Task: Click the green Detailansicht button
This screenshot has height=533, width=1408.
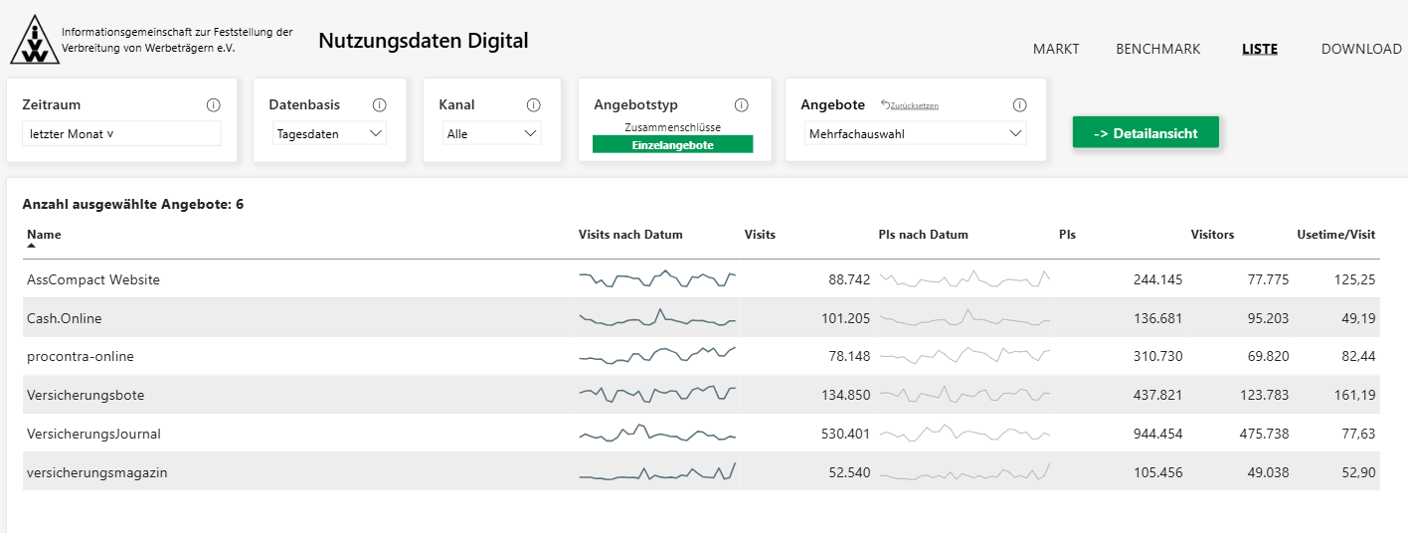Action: point(1145,132)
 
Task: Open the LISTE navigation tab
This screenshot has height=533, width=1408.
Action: point(1260,49)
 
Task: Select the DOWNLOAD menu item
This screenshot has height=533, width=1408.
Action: point(1361,49)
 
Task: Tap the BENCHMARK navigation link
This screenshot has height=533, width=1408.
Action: point(1157,49)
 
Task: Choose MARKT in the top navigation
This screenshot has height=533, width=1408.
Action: point(1056,49)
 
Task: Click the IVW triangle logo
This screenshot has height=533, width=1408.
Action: point(35,40)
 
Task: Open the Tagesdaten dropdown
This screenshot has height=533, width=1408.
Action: point(329,134)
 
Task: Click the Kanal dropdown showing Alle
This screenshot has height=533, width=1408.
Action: point(491,134)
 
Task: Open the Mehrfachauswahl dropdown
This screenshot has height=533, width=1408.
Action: point(915,134)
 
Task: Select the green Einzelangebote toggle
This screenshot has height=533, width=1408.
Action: point(672,144)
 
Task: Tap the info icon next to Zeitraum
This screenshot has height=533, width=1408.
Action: point(214,105)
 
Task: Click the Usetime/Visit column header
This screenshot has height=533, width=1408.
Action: point(1335,235)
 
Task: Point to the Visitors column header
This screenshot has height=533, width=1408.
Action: point(1212,235)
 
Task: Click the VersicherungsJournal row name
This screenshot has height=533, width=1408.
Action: point(93,434)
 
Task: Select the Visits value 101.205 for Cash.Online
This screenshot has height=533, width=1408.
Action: point(845,318)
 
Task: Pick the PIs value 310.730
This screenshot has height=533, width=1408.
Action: point(1157,356)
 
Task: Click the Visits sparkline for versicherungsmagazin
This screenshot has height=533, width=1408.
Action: point(657,472)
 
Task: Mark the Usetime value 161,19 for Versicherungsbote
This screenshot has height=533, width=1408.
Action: point(1354,395)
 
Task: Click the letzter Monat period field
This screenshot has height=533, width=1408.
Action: point(121,134)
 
